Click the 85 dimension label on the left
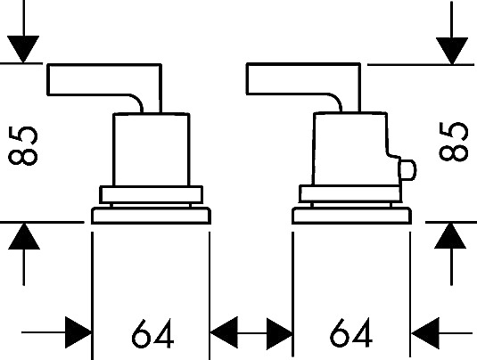23,145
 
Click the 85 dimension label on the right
453,141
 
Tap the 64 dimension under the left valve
152,333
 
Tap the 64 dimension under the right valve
351,332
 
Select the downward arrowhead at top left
23,49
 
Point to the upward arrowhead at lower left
24,236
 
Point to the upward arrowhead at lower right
450,235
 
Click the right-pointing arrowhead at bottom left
78,332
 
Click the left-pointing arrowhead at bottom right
425,333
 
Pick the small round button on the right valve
407,170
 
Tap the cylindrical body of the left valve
152,150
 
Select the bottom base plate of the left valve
152,216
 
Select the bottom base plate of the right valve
351,216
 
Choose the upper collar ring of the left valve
152,194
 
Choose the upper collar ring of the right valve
350,193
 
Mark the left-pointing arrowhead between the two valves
224,332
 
